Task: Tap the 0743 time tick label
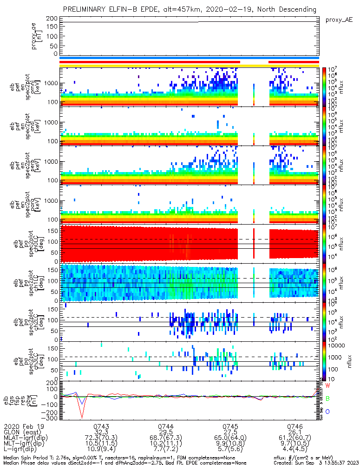tap(101, 426)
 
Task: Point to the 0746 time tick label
tap(295, 426)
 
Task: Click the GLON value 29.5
tap(166, 432)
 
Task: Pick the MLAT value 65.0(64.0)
tap(230, 438)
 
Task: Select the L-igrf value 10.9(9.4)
tap(101, 450)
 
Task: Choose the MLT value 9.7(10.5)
tap(295, 444)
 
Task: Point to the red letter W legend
tap(327, 386)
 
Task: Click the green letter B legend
tap(327, 399)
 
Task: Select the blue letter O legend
tap(327, 412)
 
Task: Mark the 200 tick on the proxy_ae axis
tap(52, 18)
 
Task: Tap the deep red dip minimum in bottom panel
tap(82, 418)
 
